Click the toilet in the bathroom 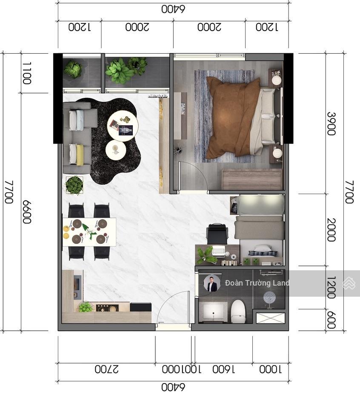click(x=238, y=311)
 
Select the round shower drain click(x=269, y=298)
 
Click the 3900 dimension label click(x=331, y=124)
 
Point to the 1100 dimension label click(x=27, y=73)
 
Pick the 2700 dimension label click(x=106, y=369)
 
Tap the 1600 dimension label click(x=224, y=369)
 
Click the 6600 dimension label click(x=27, y=212)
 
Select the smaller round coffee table click(x=116, y=150)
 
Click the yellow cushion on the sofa click(x=80, y=155)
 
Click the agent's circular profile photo click(x=212, y=283)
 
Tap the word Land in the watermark click(x=281, y=283)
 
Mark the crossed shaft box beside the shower click(x=271, y=318)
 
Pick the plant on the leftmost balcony click(x=73, y=69)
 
